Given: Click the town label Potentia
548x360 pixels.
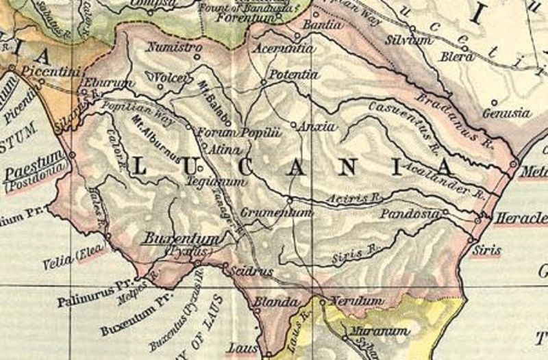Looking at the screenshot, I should (x=294, y=74).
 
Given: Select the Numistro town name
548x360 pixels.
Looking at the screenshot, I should (x=175, y=48).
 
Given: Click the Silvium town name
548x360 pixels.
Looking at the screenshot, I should (x=410, y=40).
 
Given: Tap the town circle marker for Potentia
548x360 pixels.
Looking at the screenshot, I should (x=264, y=82).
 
